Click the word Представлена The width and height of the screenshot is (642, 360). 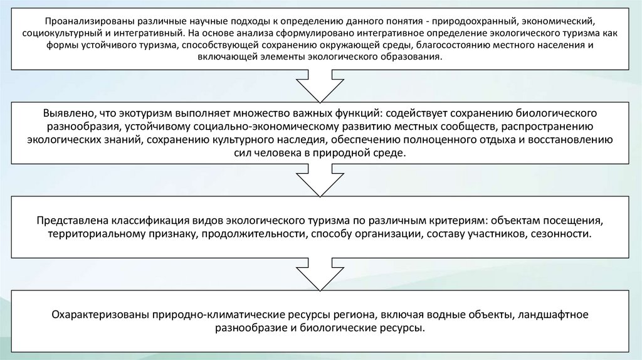pos(73,221)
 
